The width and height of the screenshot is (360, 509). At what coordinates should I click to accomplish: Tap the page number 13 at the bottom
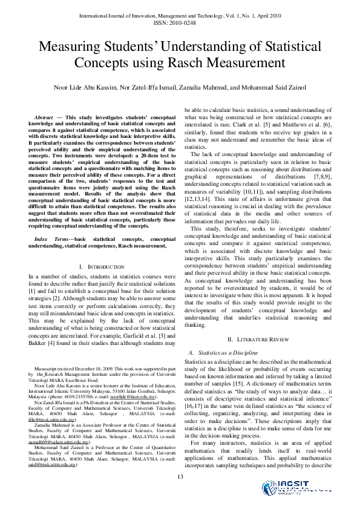[x=180, y=478]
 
